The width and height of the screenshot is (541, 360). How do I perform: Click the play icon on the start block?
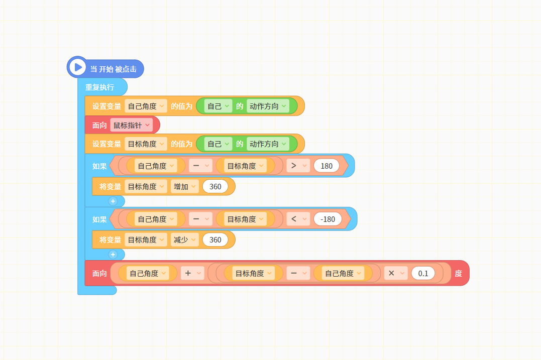78,67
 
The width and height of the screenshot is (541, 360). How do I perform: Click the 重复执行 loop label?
100,87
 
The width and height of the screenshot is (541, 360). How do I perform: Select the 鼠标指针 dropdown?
132,125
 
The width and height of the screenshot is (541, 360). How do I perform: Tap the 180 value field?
327,166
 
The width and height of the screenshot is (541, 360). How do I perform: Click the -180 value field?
328,219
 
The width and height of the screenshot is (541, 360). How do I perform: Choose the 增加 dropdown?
184,187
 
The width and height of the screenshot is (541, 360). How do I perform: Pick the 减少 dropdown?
184,239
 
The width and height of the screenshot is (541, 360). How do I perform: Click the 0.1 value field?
423,274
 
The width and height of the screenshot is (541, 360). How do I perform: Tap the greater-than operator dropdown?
298,166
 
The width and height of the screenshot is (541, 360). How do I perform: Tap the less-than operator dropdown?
298,219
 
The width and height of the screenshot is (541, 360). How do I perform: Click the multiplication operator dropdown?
396,274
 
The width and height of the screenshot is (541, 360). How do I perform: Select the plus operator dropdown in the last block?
192,274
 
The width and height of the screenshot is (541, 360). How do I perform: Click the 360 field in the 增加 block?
215,187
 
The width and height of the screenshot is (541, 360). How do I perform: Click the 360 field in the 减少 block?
215,239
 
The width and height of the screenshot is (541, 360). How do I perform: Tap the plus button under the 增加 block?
113,201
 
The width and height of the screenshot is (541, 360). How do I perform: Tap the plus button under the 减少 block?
113,255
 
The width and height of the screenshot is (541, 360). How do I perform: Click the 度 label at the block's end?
458,274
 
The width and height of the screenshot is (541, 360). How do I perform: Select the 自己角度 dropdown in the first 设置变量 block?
146,106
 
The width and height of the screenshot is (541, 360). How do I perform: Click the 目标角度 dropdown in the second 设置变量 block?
146,144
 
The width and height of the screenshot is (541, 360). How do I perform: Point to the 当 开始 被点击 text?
113,69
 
